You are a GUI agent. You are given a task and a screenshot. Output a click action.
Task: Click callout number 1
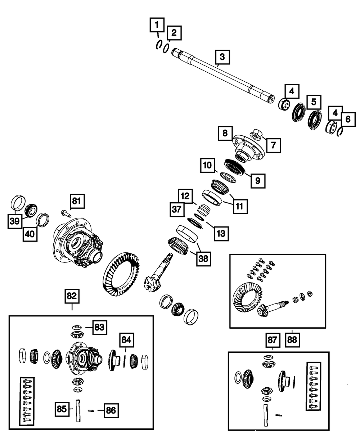click(x=156, y=26)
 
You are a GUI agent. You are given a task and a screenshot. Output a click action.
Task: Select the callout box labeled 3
click(x=222, y=57)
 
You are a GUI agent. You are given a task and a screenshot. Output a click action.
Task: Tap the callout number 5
click(x=314, y=102)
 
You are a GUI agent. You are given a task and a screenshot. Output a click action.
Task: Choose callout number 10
click(x=208, y=166)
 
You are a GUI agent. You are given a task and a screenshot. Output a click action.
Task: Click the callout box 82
click(x=72, y=296)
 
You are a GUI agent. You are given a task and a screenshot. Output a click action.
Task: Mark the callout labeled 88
click(x=292, y=339)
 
